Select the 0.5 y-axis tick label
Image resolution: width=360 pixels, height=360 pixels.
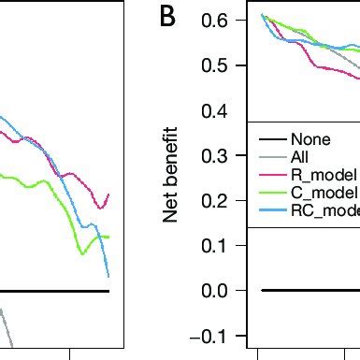coord(221,65)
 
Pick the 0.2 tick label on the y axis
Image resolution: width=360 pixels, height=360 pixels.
coord(221,200)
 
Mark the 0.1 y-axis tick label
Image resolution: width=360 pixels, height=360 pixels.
coord(221,245)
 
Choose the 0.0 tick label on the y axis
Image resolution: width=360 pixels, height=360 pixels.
coord(221,290)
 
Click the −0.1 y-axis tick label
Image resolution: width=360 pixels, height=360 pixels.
coord(215,335)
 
